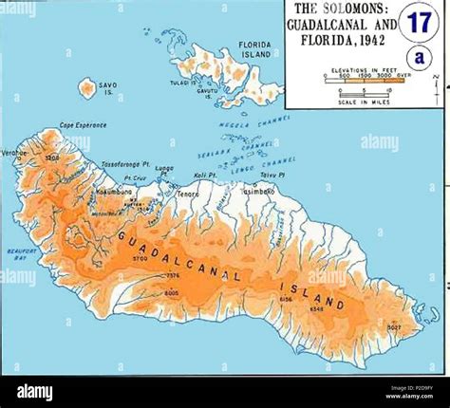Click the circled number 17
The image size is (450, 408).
point(418,21)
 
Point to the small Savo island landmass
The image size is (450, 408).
point(87,88)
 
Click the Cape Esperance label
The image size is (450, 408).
point(84,125)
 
